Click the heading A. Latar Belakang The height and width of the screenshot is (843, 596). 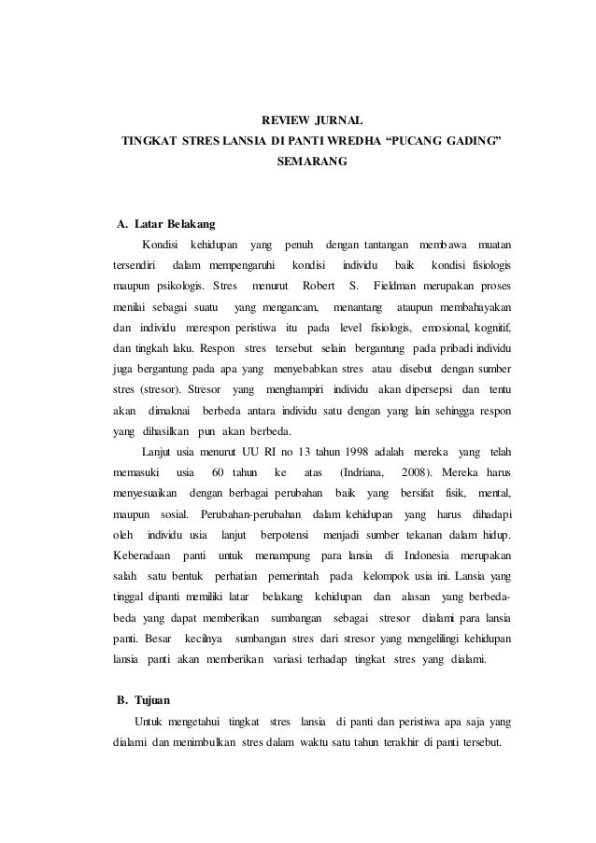pyautogui.click(x=165, y=224)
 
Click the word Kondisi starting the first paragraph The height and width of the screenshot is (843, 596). pyautogui.click(x=161, y=244)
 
